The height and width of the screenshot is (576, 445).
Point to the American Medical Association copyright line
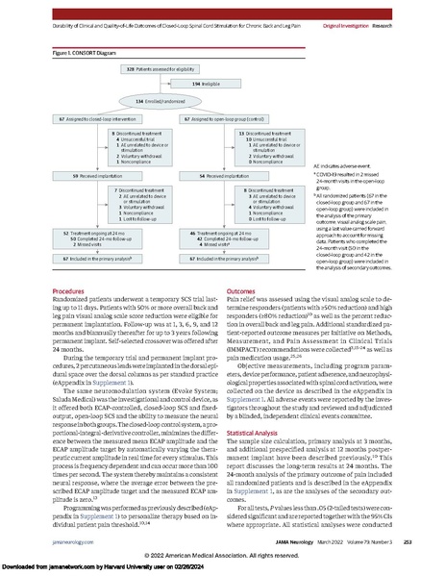[222, 557]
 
